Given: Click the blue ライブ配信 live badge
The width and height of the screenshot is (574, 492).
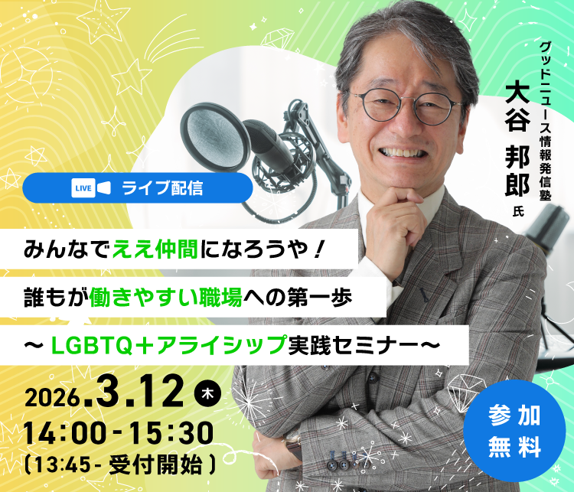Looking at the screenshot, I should point(138,187).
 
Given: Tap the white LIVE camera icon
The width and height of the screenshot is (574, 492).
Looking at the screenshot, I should point(92,187).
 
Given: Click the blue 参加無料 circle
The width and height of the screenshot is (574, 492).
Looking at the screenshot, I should point(514,429).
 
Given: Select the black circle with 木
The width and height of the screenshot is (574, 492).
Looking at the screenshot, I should point(207,393).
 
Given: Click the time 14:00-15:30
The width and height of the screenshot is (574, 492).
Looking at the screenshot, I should point(119,434).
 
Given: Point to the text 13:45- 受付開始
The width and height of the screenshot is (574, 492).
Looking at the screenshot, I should point(119,463).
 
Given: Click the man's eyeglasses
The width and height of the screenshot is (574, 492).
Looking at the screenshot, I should point(406,105).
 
